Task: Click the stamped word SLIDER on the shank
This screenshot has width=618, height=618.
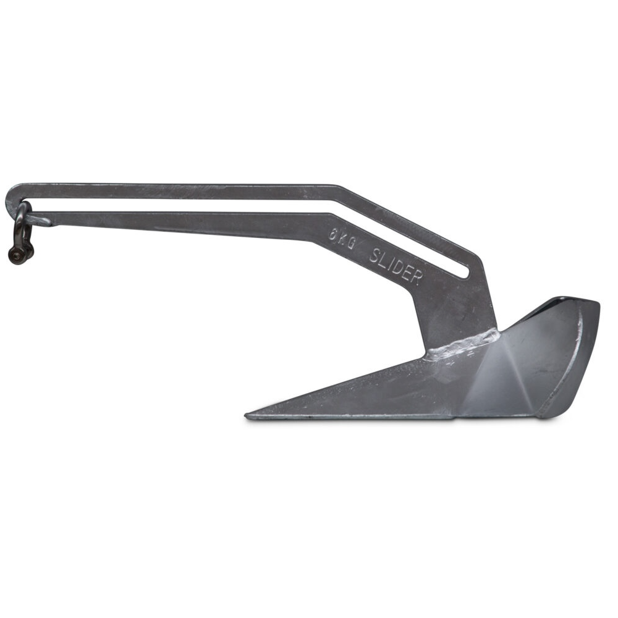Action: (x=396, y=265)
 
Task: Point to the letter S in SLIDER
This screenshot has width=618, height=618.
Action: (x=375, y=254)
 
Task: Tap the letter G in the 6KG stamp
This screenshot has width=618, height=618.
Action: (x=351, y=243)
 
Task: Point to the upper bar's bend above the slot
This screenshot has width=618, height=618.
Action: (x=339, y=187)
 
